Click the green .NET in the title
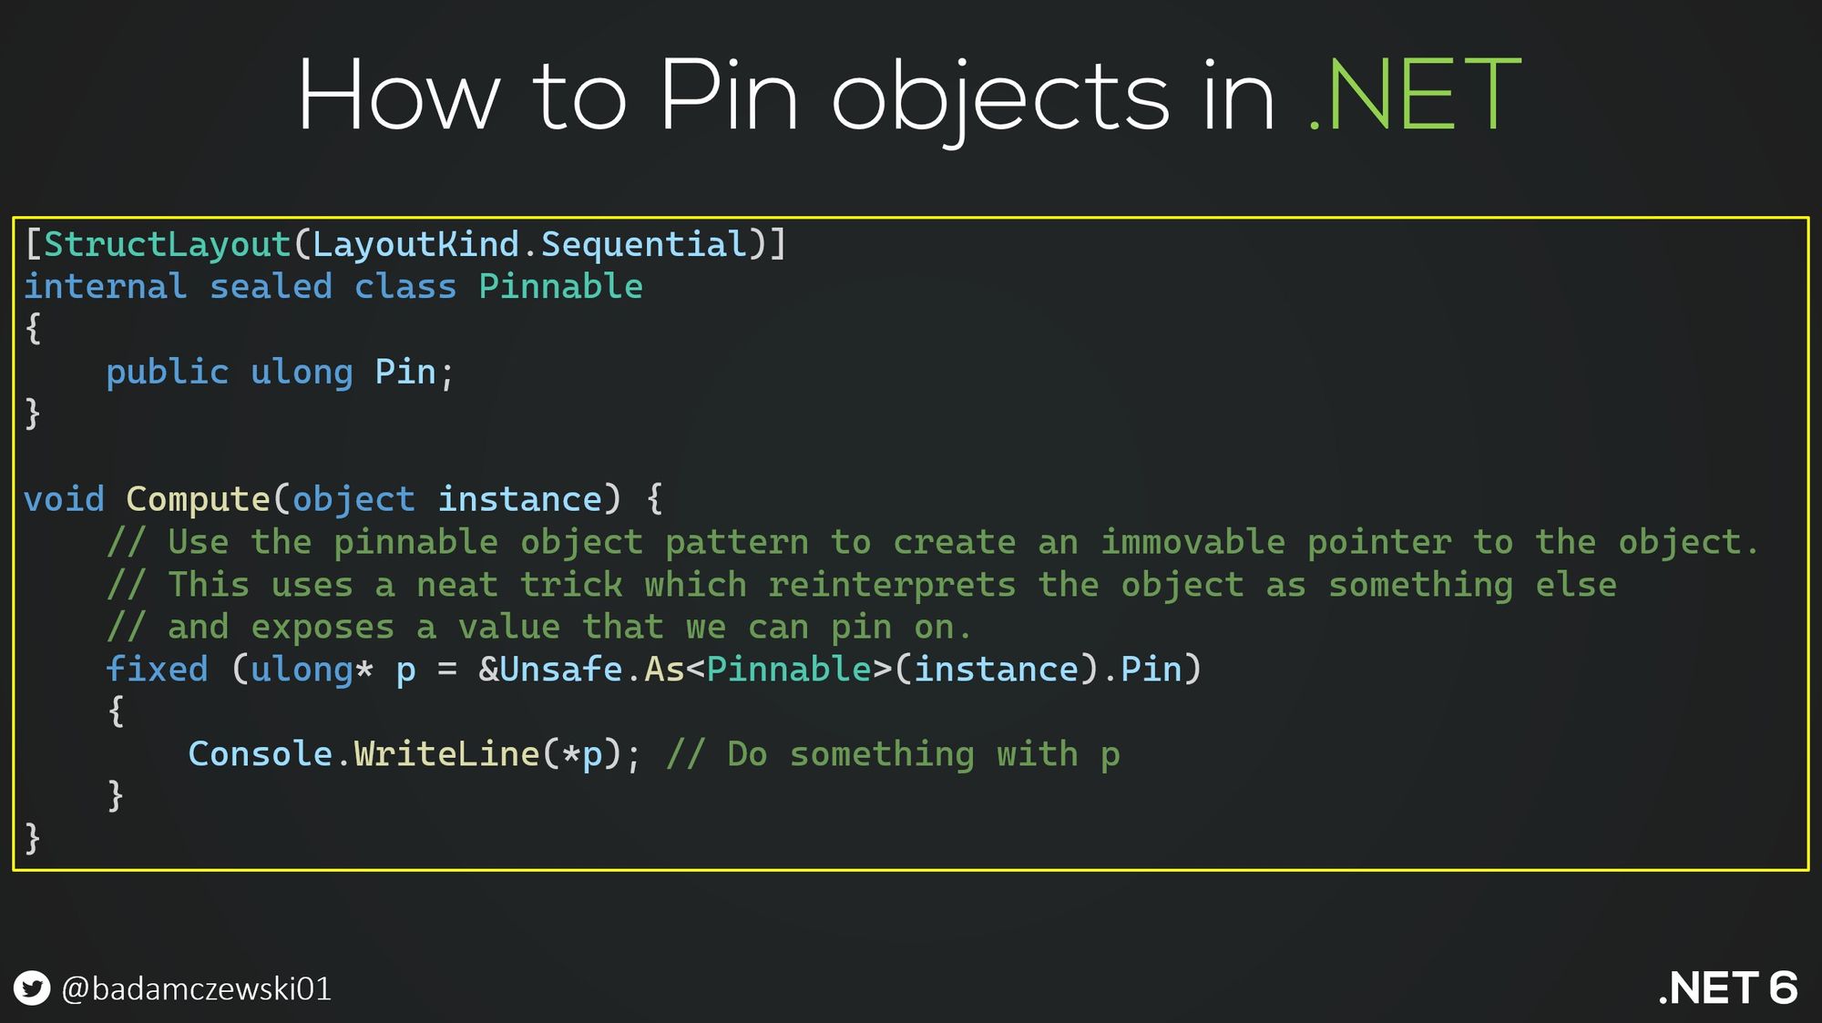(1414, 95)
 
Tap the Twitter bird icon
(32, 988)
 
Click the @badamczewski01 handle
(196, 989)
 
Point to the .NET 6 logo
(1727, 988)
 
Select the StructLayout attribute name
(168, 244)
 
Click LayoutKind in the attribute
(415, 244)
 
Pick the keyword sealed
(271, 286)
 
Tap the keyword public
(167, 372)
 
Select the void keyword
(64, 499)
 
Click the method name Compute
(198, 500)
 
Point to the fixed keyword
(157, 669)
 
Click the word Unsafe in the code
(561, 669)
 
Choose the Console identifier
(260, 754)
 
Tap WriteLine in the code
(446, 754)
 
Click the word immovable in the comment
(1193, 542)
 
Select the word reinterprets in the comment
(892, 585)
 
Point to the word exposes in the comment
(322, 628)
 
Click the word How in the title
(399, 95)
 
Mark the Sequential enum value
(643, 245)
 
